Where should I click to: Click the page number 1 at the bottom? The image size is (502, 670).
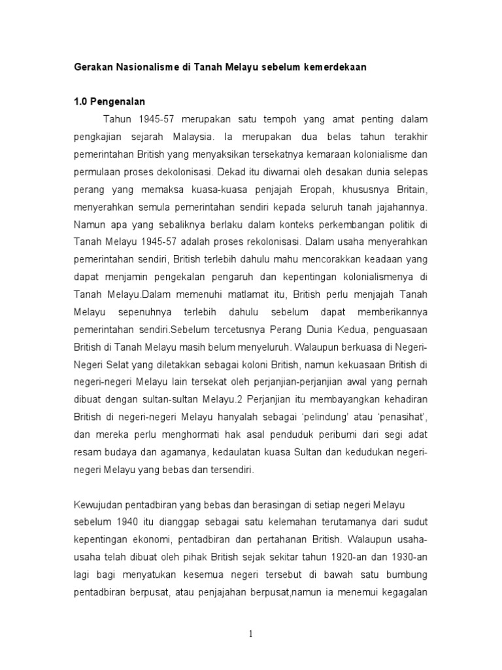250,633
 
